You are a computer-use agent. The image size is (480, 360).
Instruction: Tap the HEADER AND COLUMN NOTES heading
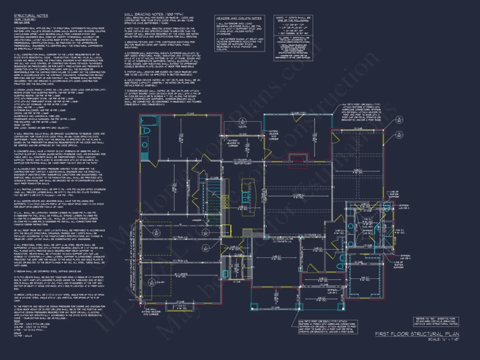pos(238,18)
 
